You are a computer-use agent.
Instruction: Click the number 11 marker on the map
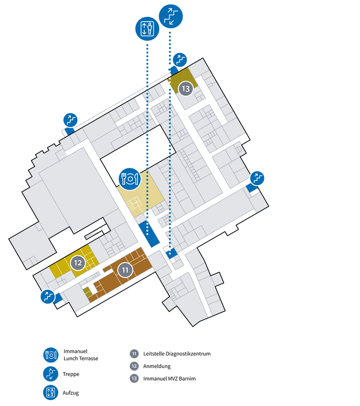(x=126, y=270)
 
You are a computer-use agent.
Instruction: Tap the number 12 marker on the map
(x=78, y=263)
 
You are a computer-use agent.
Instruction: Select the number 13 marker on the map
(x=186, y=89)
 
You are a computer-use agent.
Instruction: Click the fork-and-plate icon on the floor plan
(x=129, y=178)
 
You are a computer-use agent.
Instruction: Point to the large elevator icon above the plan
(x=147, y=29)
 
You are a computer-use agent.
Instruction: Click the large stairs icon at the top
(x=171, y=16)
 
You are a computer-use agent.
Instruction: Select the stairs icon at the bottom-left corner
(x=48, y=296)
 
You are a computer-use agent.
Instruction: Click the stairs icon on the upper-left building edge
(x=71, y=120)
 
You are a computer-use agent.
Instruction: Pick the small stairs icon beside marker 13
(x=180, y=60)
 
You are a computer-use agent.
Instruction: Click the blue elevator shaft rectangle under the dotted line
(x=148, y=234)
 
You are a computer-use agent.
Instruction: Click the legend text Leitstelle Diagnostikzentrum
(x=177, y=354)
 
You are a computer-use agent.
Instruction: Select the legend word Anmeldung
(x=157, y=366)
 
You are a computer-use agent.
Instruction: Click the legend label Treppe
(x=71, y=374)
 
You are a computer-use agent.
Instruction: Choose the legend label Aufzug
(x=71, y=393)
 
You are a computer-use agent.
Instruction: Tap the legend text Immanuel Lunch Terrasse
(x=81, y=354)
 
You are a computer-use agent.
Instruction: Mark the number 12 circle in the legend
(x=134, y=366)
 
